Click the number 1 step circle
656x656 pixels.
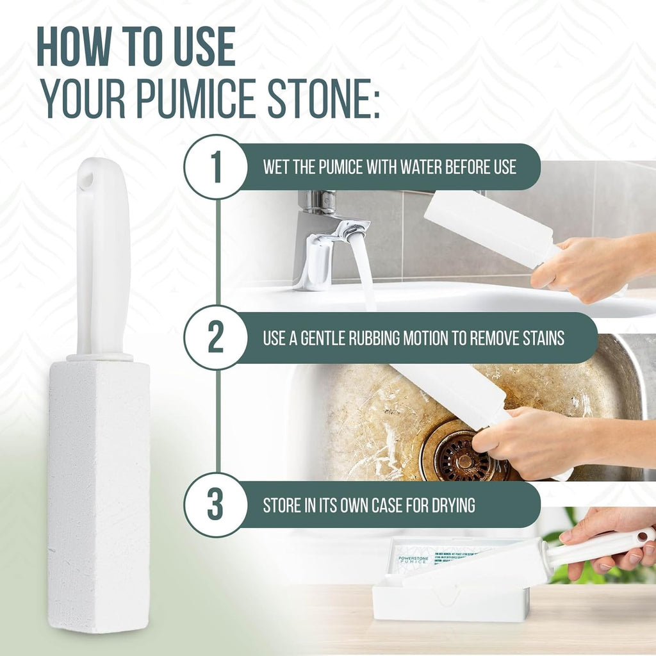[x=215, y=167]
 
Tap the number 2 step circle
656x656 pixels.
[x=215, y=338]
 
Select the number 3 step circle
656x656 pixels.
[x=215, y=505]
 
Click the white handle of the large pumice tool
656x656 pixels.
[x=102, y=256]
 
